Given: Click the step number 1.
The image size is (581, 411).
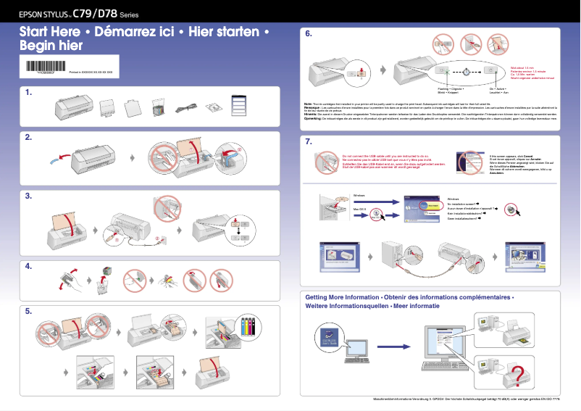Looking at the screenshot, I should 28,92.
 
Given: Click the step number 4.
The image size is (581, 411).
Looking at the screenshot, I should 28,266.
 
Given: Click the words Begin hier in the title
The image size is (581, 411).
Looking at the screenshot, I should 51,46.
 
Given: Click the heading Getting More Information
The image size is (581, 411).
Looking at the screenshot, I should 342,297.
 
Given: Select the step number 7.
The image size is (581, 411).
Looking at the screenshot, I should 309,141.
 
